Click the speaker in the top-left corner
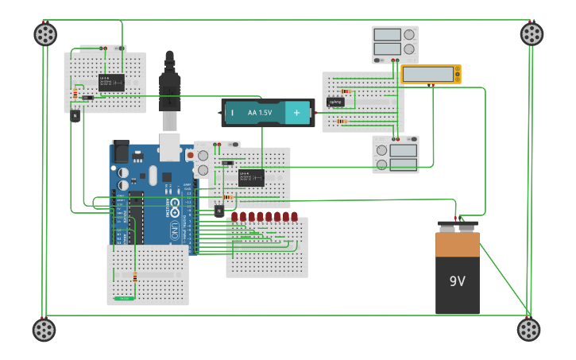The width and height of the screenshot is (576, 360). coord(45,34)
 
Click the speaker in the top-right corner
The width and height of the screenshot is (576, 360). coord(532,33)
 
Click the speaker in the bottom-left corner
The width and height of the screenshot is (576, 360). coord(44,329)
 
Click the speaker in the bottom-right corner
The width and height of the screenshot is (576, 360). coord(528,329)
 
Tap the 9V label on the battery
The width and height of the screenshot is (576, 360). coord(457,281)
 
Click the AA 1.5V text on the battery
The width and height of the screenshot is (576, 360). coord(260,113)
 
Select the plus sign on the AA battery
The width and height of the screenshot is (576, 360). coord(297,113)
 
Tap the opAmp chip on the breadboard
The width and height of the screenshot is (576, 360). coord(335,102)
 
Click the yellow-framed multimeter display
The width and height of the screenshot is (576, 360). coord(431,74)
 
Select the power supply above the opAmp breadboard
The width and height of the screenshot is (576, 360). coord(395,45)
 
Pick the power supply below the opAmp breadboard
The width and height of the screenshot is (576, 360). coord(396,154)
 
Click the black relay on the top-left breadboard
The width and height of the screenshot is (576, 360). coord(111,82)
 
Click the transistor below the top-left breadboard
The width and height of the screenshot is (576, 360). coord(75,115)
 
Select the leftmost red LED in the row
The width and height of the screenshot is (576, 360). coord(235,216)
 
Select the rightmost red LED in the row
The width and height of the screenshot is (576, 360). coord(294,216)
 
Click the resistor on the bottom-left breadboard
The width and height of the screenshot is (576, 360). coord(134,277)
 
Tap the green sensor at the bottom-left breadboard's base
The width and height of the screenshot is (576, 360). coord(123,298)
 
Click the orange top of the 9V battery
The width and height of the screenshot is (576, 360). coord(457,245)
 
